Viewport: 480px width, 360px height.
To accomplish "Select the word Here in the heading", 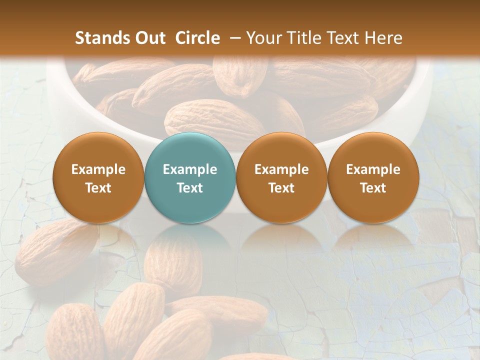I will [383, 38].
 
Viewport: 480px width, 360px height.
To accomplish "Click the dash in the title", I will [233, 38].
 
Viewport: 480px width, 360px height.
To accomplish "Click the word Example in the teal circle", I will [190, 169].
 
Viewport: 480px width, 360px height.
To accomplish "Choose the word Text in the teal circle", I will [190, 188].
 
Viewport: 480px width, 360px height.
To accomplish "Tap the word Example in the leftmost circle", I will [98, 169].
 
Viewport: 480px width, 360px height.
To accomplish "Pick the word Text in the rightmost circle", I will [373, 188].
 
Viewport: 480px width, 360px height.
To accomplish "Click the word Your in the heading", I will [264, 38].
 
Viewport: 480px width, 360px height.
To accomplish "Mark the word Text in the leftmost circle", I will [98, 188].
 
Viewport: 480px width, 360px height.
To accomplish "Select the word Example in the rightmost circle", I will [373, 169].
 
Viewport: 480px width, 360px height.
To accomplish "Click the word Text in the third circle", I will [281, 188].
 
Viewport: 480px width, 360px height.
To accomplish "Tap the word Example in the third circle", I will [281, 169].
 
